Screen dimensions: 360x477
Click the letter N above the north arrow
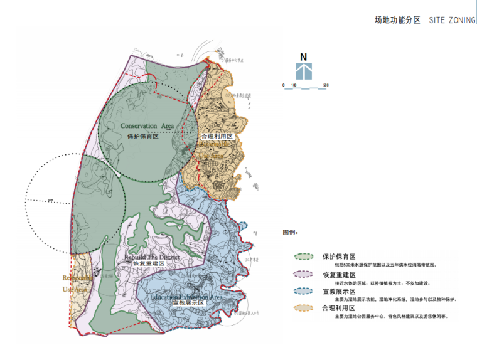pyautogui.click(x=303, y=56)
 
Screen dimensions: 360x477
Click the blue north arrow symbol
pyautogui.click(x=304, y=71)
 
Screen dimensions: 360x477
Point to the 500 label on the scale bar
pyautogui.click(x=326, y=85)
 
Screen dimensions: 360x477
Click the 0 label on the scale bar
pyautogui.click(x=283, y=85)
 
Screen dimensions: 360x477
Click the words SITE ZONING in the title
pyautogui.click(x=453, y=20)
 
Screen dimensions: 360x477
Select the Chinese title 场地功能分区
pyautogui.click(x=397, y=20)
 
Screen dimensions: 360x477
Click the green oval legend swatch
pyautogui.click(x=305, y=257)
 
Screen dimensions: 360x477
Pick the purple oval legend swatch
pyautogui.click(x=305, y=275)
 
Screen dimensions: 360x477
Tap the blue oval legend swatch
pyautogui.click(x=305, y=291)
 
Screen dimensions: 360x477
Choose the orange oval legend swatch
pyautogui.click(x=305, y=308)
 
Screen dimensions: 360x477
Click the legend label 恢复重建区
pyautogui.click(x=339, y=275)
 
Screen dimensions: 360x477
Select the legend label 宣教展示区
pyautogui.click(x=339, y=292)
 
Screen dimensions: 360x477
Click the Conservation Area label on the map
pyautogui.click(x=147, y=126)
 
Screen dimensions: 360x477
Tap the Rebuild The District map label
pyautogui.click(x=152, y=257)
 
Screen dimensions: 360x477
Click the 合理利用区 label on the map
pyautogui.click(x=217, y=136)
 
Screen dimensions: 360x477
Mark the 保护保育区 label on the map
pyautogui.click(x=142, y=136)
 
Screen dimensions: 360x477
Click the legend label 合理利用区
pyautogui.click(x=339, y=308)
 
